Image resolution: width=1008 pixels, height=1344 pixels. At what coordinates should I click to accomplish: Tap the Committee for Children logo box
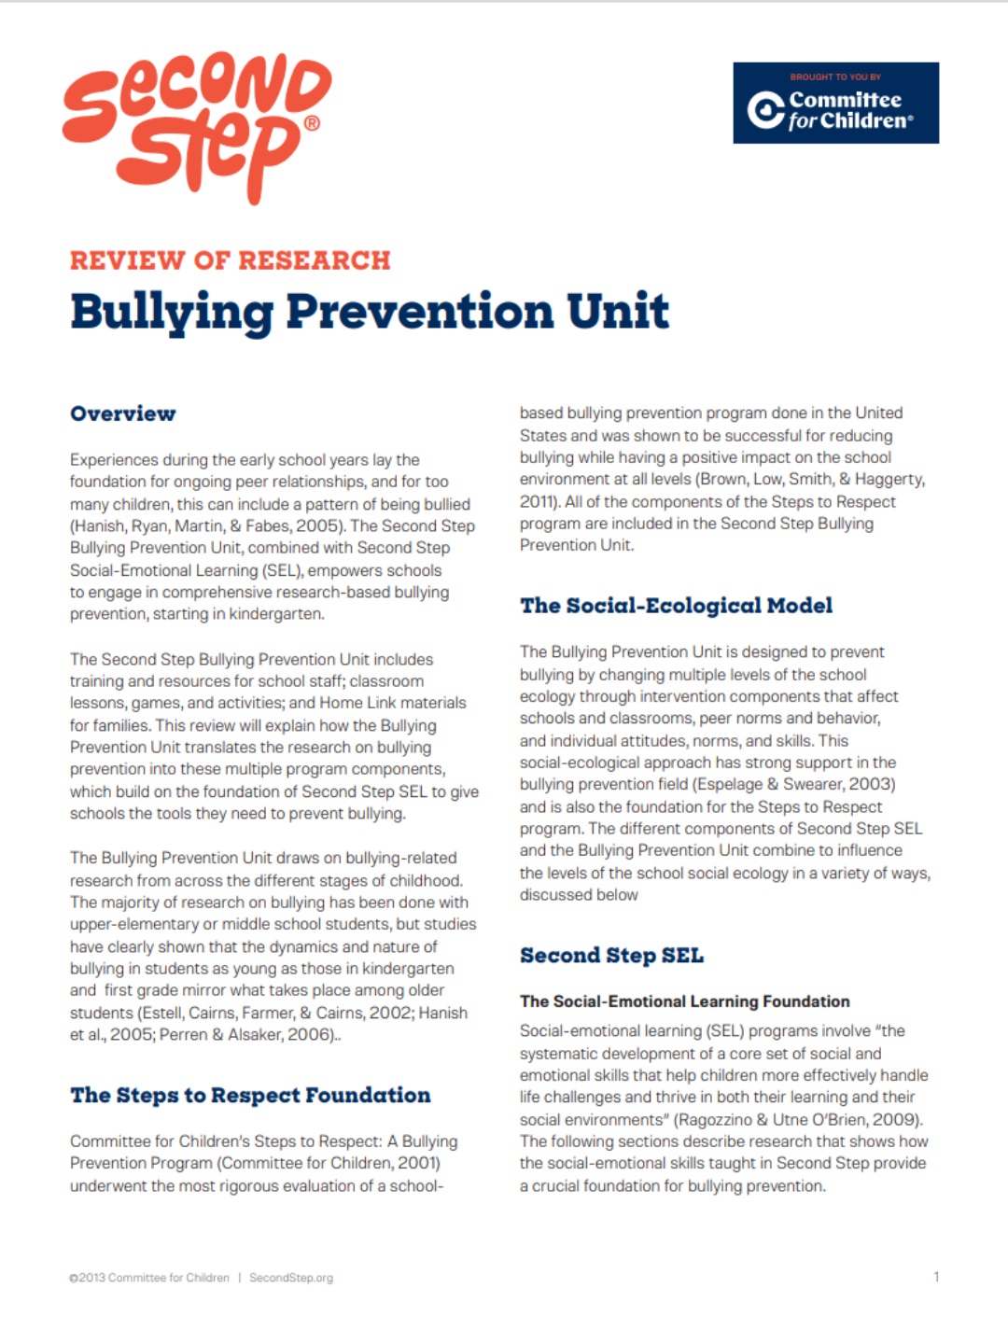coord(835,103)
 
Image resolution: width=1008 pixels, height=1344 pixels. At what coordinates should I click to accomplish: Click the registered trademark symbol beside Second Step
coord(312,123)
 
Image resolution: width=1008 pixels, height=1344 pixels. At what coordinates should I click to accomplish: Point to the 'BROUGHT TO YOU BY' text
coord(835,77)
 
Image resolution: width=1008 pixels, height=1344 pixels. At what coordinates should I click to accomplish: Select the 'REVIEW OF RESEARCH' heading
coord(230,260)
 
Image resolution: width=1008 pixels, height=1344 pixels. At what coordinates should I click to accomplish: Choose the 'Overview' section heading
coord(122,413)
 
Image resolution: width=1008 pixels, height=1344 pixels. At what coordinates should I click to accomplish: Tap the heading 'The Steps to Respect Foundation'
coord(250,1095)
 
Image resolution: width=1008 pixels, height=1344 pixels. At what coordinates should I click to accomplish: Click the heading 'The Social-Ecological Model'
coord(676,606)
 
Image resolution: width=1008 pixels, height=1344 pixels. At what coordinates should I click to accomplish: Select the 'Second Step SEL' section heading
coord(611,956)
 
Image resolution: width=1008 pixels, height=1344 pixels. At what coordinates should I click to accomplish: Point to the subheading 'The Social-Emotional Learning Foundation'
coord(684,1001)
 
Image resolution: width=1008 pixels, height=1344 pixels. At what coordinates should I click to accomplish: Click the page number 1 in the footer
coord(936,1277)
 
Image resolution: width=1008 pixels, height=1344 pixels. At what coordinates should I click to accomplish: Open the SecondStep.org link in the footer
coord(291,1278)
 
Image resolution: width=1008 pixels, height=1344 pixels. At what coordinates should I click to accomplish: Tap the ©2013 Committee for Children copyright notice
coord(149,1278)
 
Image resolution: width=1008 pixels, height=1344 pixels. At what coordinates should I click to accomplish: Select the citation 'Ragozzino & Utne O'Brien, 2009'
coord(798,1120)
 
